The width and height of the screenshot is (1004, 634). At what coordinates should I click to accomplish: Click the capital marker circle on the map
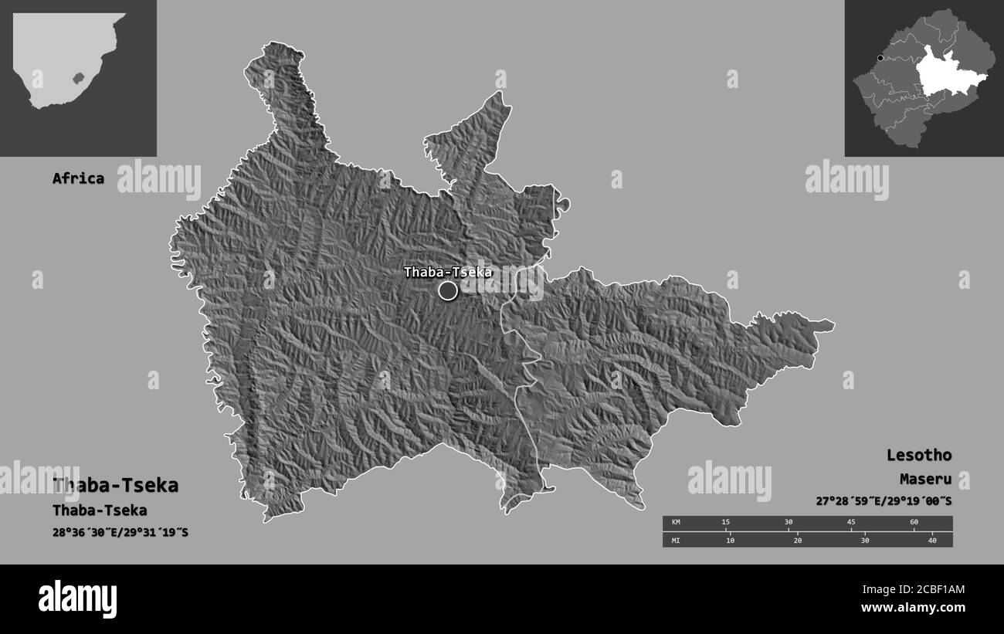pyautogui.click(x=448, y=290)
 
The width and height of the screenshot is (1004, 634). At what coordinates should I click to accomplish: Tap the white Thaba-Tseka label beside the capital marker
pyautogui.click(x=447, y=272)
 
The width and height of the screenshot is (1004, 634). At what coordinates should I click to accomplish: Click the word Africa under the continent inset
pyautogui.click(x=78, y=178)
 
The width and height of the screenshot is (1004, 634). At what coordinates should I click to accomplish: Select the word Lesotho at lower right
pyautogui.click(x=918, y=455)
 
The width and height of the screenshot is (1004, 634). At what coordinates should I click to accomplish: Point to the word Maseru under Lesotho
pyautogui.click(x=925, y=479)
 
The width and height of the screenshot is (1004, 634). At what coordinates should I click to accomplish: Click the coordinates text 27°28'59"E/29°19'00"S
pyautogui.click(x=884, y=501)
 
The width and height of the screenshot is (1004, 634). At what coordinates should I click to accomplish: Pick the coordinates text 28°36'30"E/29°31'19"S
pyautogui.click(x=120, y=532)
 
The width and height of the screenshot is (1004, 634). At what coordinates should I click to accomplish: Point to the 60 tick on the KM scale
pyautogui.click(x=914, y=523)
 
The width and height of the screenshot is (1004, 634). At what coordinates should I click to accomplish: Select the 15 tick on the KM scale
pyautogui.click(x=725, y=523)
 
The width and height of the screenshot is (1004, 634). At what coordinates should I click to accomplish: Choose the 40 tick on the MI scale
pyautogui.click(x=932, y=540)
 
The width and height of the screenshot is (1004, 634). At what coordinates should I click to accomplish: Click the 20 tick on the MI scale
pyautogui.click(x=797, y=540)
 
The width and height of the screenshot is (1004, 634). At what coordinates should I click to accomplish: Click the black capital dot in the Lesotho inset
pyautogui.click(x=880, y=58)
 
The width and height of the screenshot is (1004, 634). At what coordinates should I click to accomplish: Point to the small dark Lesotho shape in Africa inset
pyautogui.click(x=76, y=78)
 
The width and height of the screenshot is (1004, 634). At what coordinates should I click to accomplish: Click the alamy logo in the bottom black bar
pyautogui.click(x=78, y=598)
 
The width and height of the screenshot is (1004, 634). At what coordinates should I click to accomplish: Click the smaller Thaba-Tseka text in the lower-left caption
pyautogui.click(x=100, y=510)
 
